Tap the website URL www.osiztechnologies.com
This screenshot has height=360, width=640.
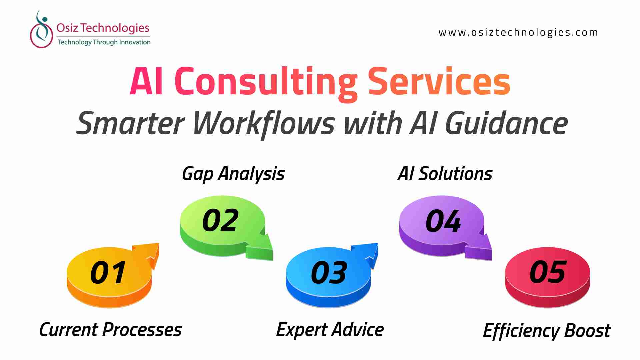pos(518,33)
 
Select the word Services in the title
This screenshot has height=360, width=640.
pos(439,81)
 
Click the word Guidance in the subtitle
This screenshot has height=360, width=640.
pos(506,123)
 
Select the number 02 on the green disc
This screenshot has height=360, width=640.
pos(220,220)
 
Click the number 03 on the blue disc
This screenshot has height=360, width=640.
pos(329,273)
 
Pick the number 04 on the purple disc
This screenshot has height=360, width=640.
pos(443,220)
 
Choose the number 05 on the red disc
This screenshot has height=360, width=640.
pos(548,272)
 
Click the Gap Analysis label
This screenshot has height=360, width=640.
pos(233,174)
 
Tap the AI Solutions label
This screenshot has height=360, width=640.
pos(445,174)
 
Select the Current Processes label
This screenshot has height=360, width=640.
pos(110,330)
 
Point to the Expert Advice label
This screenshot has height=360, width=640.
pos(330,330)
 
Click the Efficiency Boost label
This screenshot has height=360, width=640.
pos(547,331)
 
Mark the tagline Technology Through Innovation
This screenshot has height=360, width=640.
pos(104,42)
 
